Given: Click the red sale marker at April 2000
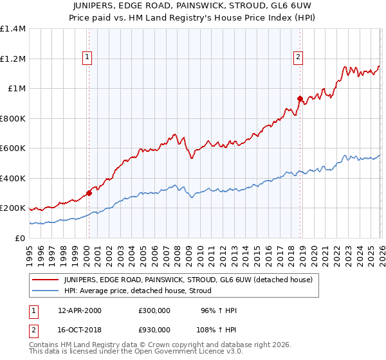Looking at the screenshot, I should click(x=89, y=192).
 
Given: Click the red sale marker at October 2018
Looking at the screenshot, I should click(x=300, y=98).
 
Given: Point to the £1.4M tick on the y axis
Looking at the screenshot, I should click(x=13, y=29).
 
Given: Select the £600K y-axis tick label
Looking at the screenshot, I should click(x=13, y=148).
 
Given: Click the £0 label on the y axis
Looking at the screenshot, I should click(x=20, y=238).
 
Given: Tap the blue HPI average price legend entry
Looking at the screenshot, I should click(x=142, y=291).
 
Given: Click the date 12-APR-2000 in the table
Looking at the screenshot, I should click(x=80, y=310).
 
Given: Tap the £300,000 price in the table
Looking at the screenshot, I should click(x=154, y=310).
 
